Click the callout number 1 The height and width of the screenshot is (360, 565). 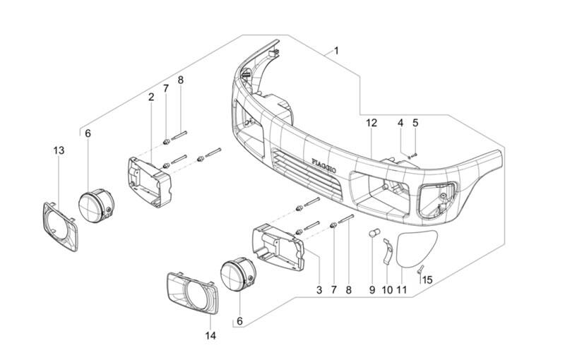click(336, 51)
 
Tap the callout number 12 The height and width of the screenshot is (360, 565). click(371, 123)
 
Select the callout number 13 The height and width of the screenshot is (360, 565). click(59, 150)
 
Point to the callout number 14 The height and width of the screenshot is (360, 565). click(210, 335)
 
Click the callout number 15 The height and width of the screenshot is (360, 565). click(427, 280)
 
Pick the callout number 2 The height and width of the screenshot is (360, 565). click(151, 97)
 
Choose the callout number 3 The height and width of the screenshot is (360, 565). click(319, 290)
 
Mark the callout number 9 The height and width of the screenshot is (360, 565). click(372, 290)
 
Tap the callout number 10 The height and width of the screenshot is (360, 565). click(387, 290)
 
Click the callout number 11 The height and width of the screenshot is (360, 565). click(401, 290)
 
